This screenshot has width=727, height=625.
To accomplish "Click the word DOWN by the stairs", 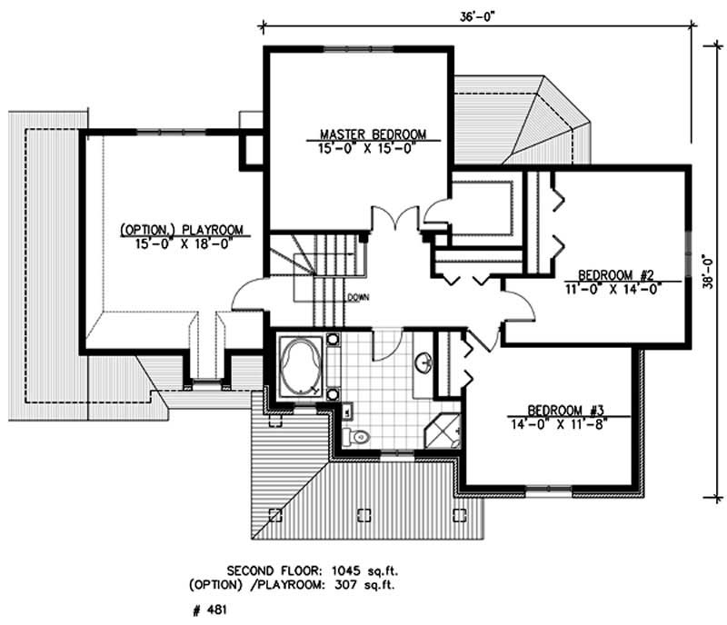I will tap(357, 297).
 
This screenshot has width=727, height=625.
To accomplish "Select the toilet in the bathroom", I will tap(359, 437).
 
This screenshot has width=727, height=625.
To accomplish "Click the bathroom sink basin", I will tap(423, 364).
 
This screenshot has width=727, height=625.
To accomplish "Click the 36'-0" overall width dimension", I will tap(473, 13).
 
